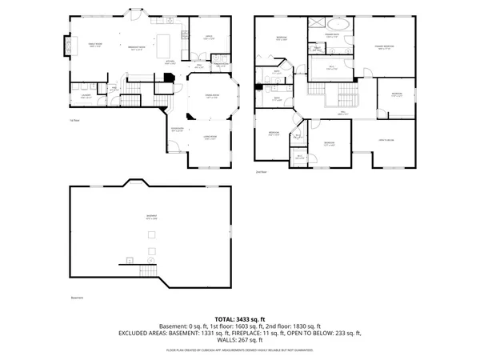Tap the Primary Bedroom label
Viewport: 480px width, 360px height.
click(386, 48)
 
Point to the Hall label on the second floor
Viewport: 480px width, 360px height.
click(342, 114)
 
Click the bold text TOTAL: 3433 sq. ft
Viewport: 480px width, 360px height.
click(240, 318)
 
